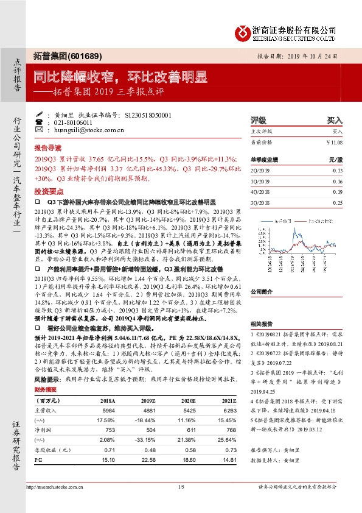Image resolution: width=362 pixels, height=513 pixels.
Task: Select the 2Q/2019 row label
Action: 260,171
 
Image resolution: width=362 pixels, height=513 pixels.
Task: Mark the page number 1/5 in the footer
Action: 181,486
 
